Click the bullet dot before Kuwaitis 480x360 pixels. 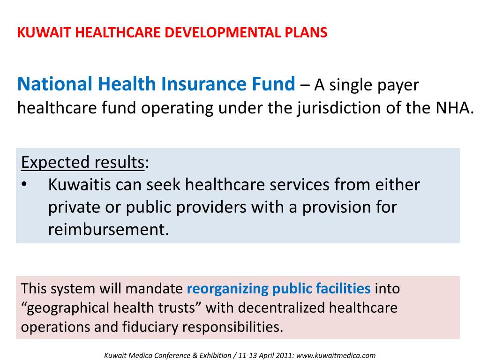[x=24, y=185]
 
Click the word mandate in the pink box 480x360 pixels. [x=154, y=288]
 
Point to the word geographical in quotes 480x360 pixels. [x=67, y=308]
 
